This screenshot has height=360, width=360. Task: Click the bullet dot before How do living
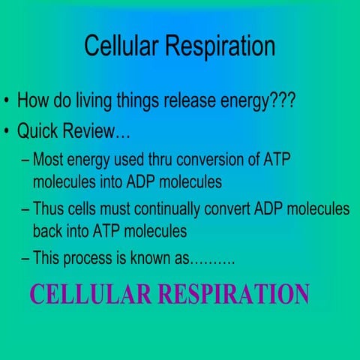(x=6, y=100)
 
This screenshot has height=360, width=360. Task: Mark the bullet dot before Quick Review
(x=6, y=133)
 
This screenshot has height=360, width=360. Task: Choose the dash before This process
(x=26, y=260)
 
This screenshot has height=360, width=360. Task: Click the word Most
(x=49, y=161)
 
